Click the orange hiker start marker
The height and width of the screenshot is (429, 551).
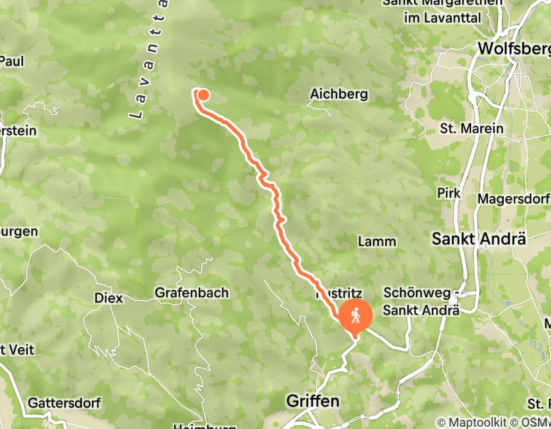355,316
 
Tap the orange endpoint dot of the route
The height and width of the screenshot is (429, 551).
202,94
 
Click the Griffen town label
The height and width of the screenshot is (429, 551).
313,401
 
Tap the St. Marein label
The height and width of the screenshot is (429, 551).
471,129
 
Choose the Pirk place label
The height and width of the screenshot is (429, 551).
448,193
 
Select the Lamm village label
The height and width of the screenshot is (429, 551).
377,241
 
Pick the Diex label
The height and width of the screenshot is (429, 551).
109,298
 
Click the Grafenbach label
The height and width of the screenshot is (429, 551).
191,293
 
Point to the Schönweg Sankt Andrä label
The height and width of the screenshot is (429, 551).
421,302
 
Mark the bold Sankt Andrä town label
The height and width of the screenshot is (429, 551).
479,239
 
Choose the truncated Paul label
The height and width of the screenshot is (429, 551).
12,61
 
